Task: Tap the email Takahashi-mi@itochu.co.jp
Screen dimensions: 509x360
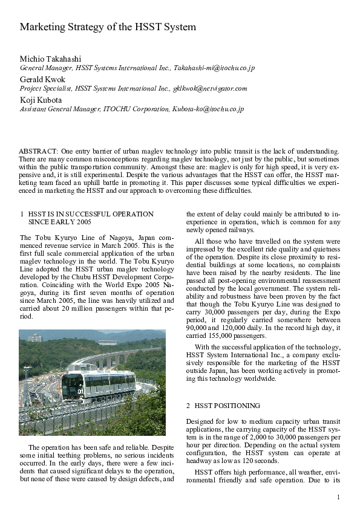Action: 214,68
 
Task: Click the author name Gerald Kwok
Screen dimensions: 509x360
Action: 42,79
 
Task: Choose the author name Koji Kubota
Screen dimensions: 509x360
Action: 41,100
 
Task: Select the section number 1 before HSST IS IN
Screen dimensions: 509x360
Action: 22,214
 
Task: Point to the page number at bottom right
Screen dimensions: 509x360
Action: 339,497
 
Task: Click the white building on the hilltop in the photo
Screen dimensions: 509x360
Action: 35,337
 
